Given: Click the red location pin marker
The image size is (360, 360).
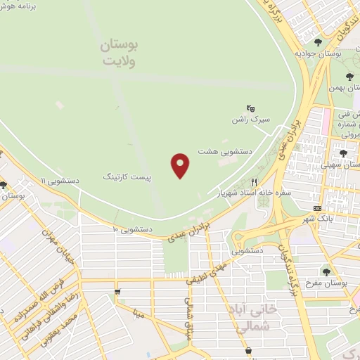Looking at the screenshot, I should coord(181,165).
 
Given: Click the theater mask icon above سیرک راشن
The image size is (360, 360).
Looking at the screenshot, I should coord(250,108).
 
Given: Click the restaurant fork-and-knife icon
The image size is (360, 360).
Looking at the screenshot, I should coord(264,181).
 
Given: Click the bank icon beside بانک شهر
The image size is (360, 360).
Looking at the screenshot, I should coord(318,208).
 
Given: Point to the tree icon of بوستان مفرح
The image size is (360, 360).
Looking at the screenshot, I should coord(326,271).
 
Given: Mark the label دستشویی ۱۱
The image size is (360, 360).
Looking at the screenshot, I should coord(60,181).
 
